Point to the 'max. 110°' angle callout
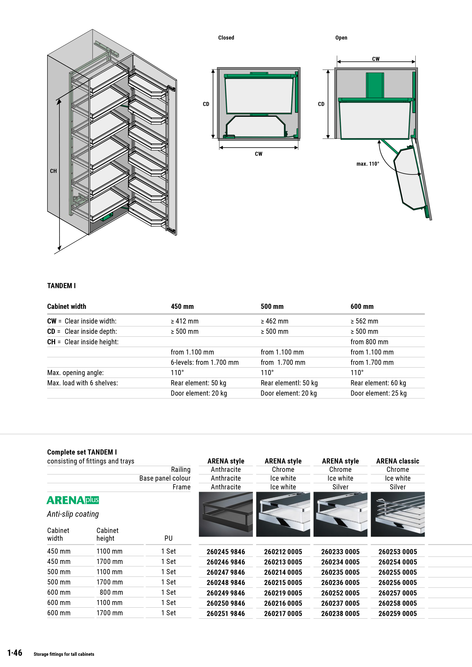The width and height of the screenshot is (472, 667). click(368, 164)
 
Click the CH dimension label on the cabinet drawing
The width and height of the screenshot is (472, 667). click(53, 171)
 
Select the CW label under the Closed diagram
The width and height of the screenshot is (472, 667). click(258, 154)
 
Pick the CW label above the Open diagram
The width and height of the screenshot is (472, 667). click(376, 59)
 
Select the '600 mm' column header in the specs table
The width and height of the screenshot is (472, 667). click(362, 306)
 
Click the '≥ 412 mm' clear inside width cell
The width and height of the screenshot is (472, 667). click(185, 321)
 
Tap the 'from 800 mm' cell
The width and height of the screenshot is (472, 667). click(369, 342)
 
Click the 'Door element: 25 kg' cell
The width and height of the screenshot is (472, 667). click(378, 393)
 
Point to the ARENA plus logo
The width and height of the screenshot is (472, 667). click(73, 500)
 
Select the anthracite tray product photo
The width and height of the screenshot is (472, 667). click(226, 514)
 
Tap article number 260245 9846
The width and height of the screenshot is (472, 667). click(226, 552)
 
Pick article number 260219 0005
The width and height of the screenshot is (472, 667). click(283, 593)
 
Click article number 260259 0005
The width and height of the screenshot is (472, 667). click(398, 614)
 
